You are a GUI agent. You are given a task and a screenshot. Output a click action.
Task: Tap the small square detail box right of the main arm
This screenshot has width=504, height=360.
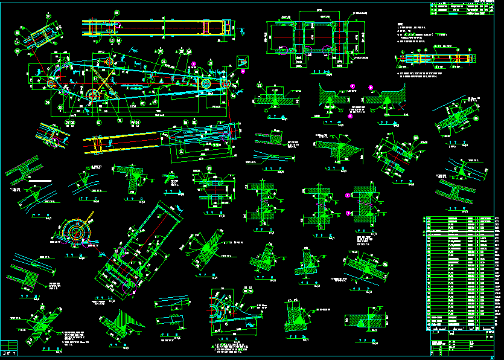tap(243, 62)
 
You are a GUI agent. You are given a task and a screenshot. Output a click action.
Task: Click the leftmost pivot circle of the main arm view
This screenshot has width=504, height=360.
tap(51, 82)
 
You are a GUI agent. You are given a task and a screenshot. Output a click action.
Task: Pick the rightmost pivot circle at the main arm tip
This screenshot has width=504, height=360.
tap(226, 83)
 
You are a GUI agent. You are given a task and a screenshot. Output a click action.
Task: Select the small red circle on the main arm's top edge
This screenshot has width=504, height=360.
tap(109, 61)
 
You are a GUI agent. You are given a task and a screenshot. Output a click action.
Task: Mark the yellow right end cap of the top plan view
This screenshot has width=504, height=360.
tap(227, 28)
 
